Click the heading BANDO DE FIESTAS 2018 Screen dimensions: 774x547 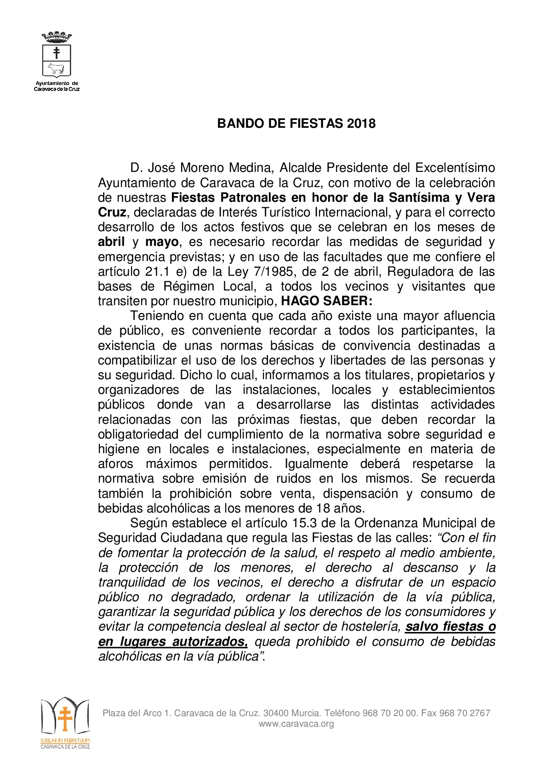296,123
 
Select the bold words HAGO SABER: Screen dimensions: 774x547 326,301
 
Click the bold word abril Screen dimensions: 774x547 111,242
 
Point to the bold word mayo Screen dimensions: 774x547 162,242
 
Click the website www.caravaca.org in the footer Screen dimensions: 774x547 296,724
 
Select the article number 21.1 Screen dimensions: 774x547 149,272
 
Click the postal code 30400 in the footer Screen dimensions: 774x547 275,713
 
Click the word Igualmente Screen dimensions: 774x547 316,464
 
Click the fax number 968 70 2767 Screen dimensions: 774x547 465,713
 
